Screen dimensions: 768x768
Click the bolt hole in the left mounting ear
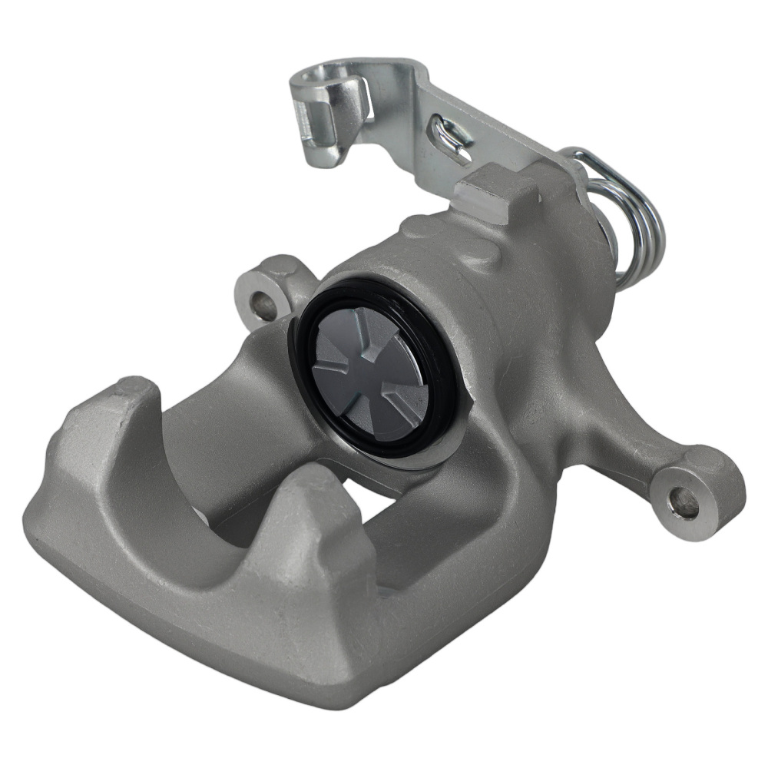[x=263, y=306]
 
